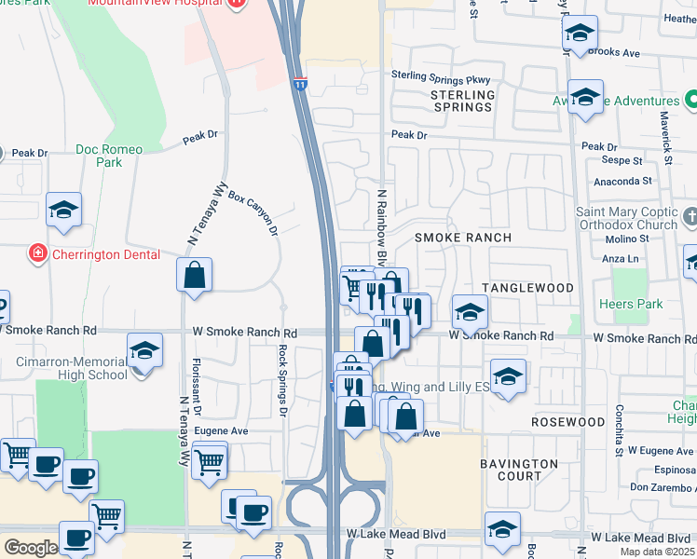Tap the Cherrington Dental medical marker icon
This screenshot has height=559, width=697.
(37, 252)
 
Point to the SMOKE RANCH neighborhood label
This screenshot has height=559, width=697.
(462, 238)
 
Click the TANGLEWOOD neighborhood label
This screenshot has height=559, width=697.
(527, 288)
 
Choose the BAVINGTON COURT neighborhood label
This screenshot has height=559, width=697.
(519, 470)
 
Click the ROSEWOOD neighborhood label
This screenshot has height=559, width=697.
(568, 422)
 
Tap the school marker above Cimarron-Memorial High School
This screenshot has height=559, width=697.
(144, 350)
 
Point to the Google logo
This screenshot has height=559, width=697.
(31, 548)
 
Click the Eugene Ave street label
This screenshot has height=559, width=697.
(226, 431)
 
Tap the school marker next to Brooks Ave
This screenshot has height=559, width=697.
(580, 34)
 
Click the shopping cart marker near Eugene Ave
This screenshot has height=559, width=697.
(211, 459)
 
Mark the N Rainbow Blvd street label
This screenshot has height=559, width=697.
(381, 224)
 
